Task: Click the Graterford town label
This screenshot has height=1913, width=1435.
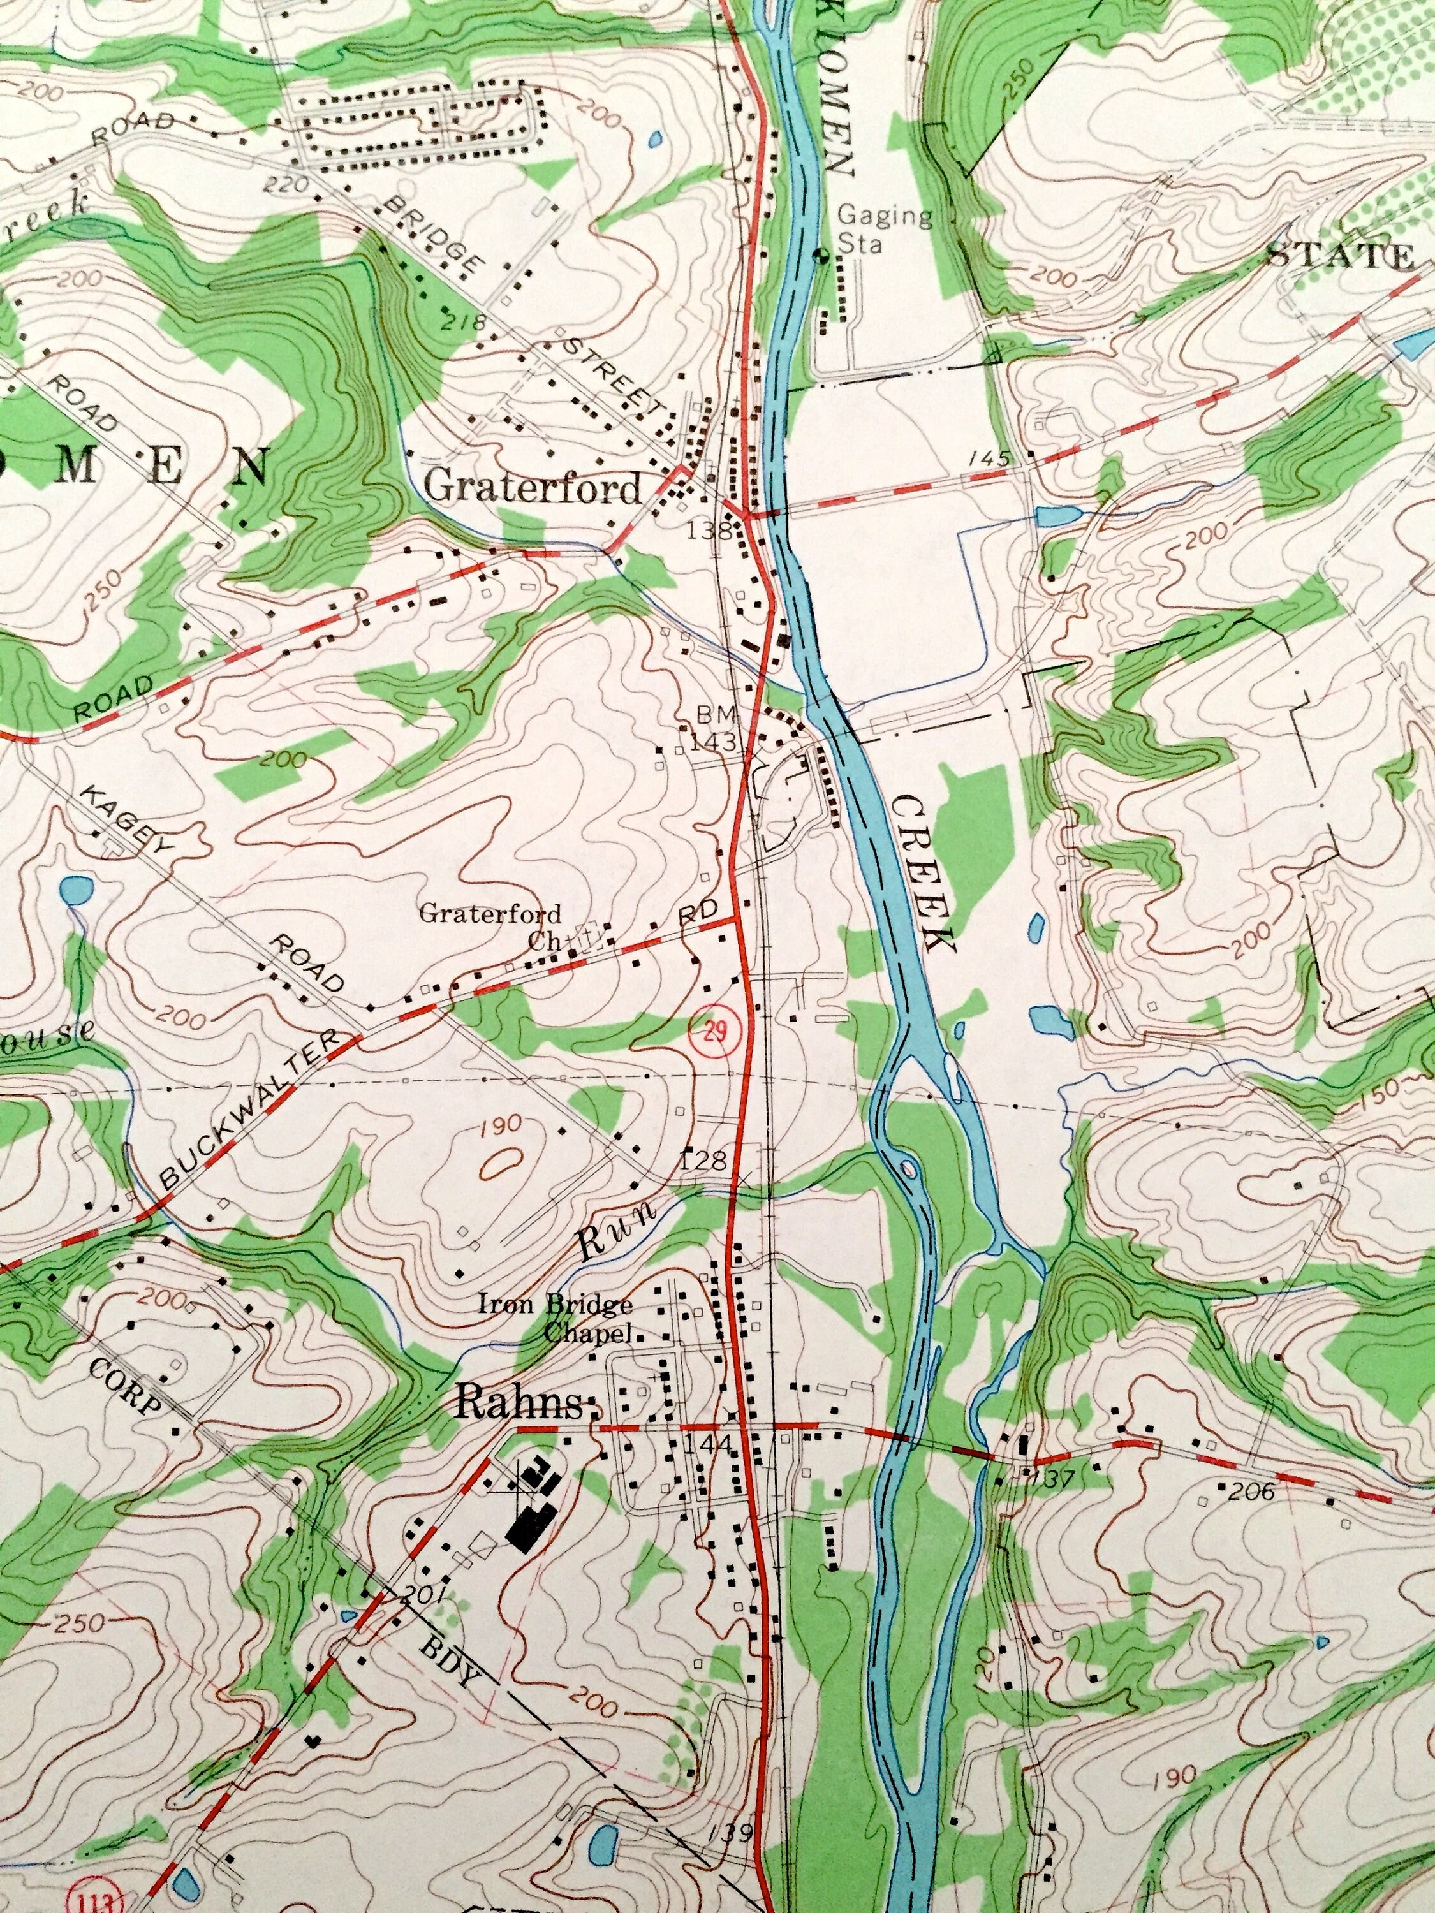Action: pos(533,488)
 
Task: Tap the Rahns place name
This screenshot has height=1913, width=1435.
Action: pos(520,1403)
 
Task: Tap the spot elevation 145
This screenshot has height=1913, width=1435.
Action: pos(990,458)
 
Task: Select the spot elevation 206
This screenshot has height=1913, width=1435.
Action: pos(1251,1490)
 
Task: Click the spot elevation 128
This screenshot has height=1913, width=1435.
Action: pos(704,1161)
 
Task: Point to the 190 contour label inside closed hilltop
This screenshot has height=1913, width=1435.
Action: pos(498,1124)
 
